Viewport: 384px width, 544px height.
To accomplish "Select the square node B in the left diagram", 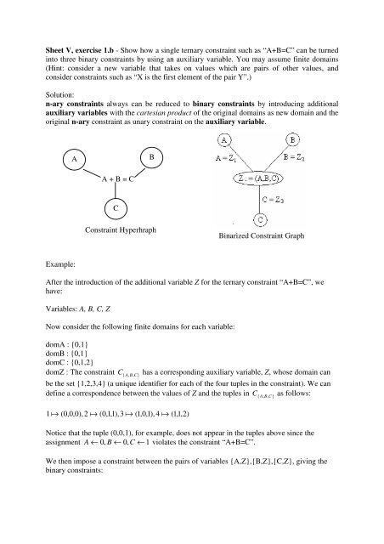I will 150,157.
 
